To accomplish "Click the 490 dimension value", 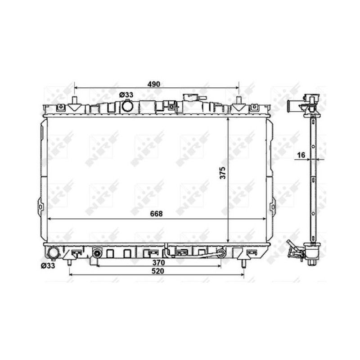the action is (153, 84).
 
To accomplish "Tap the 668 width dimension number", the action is (156, 214).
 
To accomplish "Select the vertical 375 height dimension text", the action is (223, 173).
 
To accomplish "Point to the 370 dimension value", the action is (158, 262).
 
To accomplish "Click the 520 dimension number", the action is (158, 271).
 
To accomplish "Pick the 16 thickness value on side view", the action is (301, 155).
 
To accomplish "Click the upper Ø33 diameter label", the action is (126, 94).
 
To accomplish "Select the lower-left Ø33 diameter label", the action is (48, 266).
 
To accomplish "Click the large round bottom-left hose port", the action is (53, 253).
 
